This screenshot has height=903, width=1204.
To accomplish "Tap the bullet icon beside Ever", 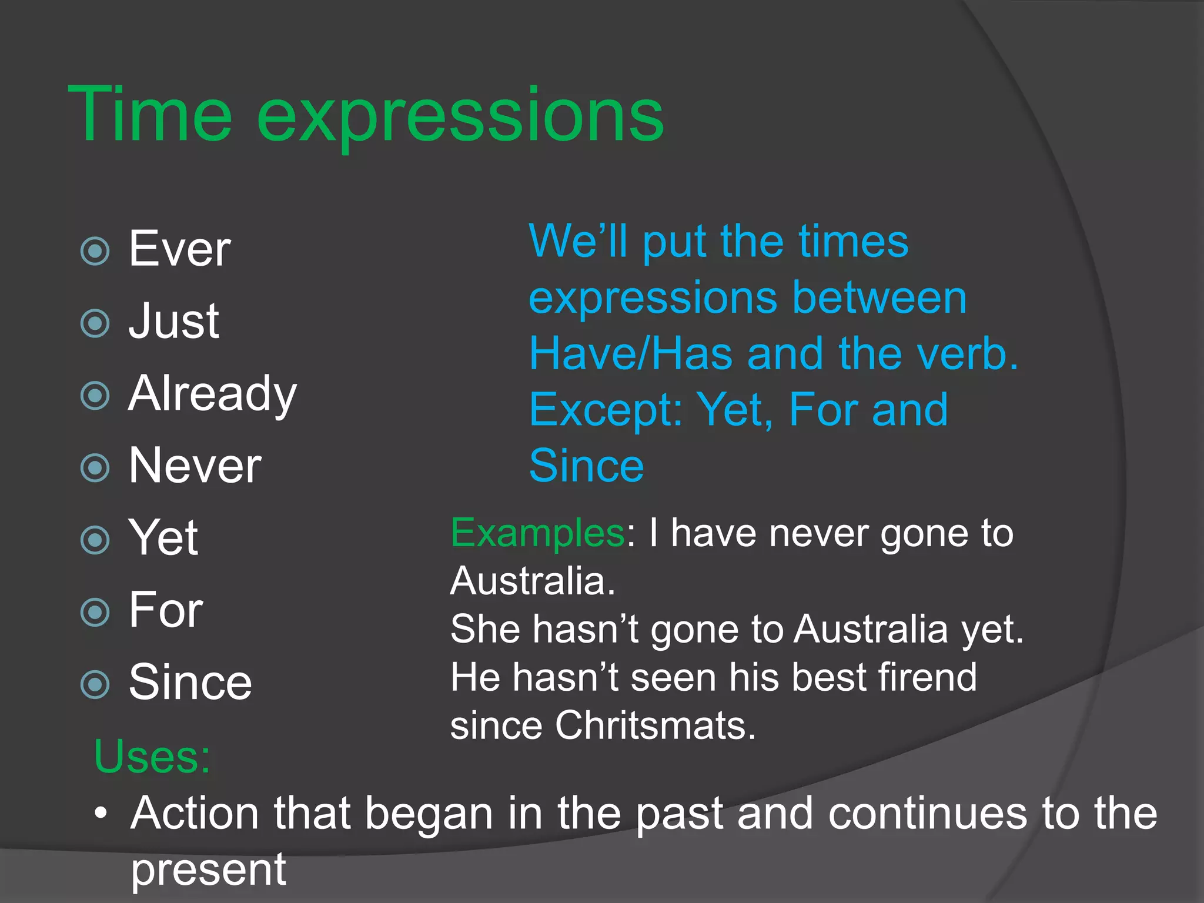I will point(95,251).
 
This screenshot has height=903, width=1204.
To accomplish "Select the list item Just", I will point(174,321).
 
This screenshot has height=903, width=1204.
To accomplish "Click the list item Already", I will point(213,394).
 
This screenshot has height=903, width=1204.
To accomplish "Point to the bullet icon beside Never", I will point(95,468).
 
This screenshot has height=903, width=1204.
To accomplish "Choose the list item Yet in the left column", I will point(163,537).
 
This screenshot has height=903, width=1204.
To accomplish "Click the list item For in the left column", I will point(166,610).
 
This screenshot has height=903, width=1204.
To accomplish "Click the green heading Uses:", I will point(152,757).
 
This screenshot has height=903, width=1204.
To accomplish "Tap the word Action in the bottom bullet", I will point(195,813).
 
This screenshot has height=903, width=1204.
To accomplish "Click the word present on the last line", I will point(208,869).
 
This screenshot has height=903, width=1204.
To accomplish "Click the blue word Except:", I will point(606,410).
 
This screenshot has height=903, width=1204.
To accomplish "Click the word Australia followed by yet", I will point(871,630).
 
